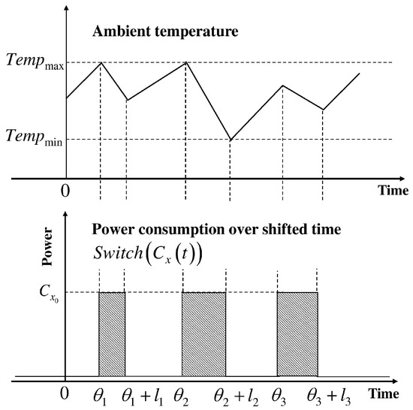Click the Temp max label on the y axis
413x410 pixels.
[34, 63]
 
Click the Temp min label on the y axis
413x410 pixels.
[34, 137]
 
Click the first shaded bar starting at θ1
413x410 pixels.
[112, 334]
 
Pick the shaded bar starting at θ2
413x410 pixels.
[203, 334]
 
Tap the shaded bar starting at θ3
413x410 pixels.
[297, 334]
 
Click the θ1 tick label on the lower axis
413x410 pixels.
[101, 394]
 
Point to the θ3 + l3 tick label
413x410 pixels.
[328, 394]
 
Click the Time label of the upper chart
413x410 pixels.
[393, 190]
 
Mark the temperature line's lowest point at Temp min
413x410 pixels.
[230, 140]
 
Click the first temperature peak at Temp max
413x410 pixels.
[101, 62]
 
